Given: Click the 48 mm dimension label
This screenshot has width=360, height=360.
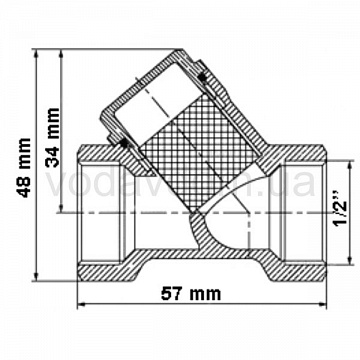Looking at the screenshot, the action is coord(25,167).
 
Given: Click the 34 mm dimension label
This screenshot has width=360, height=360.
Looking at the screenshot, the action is coord(53,137).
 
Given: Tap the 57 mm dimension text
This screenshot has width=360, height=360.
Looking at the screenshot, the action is coord(191,294).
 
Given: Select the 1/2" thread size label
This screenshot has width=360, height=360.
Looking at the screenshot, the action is coord(340,209).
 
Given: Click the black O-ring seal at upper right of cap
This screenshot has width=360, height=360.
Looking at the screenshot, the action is coord(202,77).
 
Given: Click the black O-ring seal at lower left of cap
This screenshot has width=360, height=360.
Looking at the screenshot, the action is coord(124,143).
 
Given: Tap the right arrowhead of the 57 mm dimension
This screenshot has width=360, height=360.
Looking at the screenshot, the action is coord(323,304).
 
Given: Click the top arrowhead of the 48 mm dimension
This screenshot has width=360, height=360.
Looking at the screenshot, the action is coord(37,53).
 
